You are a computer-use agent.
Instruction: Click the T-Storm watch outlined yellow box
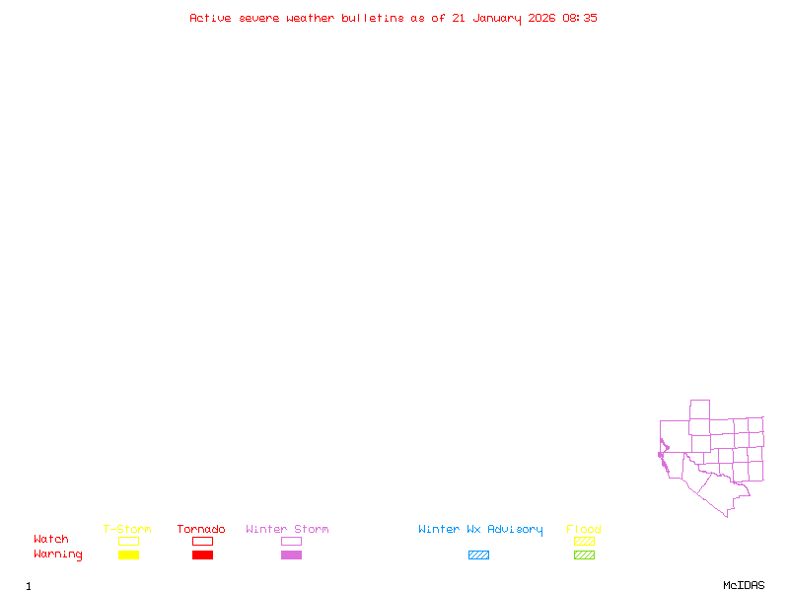[128, 541]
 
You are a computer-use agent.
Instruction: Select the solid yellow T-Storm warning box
[128, 555]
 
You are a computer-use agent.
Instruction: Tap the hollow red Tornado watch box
[202, 541]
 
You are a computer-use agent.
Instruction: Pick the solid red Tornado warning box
[202, 555]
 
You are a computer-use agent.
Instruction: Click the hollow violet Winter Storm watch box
[291, 541]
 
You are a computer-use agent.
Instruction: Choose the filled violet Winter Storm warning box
[291, 555]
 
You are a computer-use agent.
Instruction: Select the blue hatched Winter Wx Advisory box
[478, 555]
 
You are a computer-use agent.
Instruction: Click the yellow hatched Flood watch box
[584, 541]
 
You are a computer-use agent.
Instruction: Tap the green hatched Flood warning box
[584, 555]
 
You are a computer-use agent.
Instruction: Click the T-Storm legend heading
[127, 529]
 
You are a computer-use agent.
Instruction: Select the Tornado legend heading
[201, 529]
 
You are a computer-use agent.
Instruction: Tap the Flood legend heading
[584, 529]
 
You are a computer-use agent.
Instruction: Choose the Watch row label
[51, 539]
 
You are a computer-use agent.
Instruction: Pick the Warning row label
[58, 555]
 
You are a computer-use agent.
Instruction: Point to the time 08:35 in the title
[580, 18]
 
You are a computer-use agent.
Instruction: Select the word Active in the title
[210, 18]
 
